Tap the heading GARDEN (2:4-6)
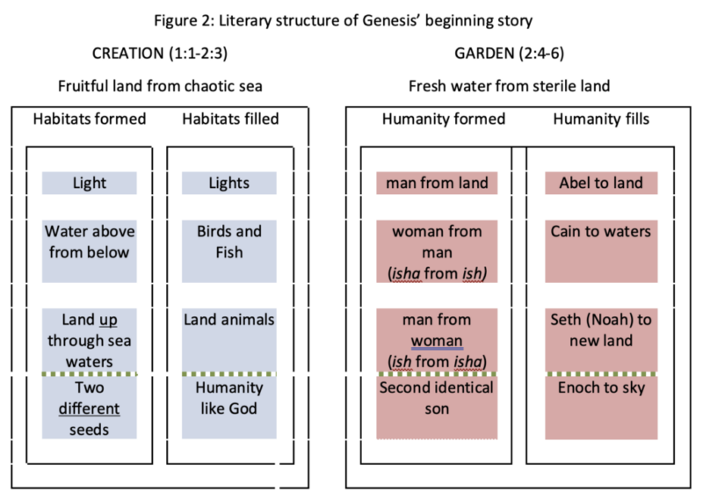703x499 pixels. (509, 54)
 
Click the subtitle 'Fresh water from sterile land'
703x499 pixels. (509, 86)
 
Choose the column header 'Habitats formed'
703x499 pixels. (90, 119)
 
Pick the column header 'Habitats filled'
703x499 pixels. (229, 119)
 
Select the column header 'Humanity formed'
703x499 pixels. (437, 119)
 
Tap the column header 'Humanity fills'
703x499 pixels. (600, 119)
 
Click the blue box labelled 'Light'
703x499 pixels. (90, 183)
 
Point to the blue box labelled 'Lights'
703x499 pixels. (229, 183)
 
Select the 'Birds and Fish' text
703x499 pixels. (229, 241)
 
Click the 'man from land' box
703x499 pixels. (437, 183)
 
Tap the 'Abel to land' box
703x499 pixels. (600, 183)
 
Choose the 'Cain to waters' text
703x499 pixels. (600, 231)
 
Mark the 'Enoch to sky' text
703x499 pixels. (600, 387)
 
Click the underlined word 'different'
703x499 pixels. (90, 408)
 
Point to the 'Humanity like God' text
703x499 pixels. (229, 397)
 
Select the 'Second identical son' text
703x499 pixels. (437, 397)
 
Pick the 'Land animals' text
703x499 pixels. (229, 319)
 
